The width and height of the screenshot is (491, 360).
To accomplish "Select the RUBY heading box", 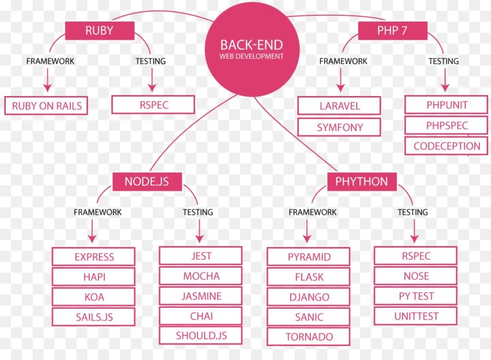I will coord(99,31).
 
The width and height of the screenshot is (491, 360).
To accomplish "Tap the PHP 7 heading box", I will coord(392,31).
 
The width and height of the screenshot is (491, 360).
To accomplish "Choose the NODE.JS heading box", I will coord(147,181).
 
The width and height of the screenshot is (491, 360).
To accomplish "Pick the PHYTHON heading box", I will coord(361,181).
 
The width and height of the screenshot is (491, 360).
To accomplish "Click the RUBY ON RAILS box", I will coord(46,106).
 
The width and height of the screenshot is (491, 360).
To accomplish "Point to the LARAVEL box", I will coord(339,106).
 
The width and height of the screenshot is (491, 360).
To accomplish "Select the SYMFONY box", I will coord(339,127).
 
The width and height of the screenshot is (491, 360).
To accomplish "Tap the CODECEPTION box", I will coord(446,146).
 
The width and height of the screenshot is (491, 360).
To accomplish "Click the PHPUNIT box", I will coord(446,105).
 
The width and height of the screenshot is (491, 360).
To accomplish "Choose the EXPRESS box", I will coord(94,256).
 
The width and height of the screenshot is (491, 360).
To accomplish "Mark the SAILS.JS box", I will coord(94,316).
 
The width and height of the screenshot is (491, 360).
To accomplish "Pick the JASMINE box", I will coord(201,296).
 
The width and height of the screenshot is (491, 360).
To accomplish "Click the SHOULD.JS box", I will coord(201,335).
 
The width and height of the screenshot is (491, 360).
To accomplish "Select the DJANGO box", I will coord(309,297).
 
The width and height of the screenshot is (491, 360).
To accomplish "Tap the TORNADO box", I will coord(309,337).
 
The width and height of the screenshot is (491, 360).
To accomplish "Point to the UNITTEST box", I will coord(416,316).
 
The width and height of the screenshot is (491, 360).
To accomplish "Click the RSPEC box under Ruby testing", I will coord(153,105).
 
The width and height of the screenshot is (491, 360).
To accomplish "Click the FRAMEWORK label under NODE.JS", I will coord(98,212).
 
